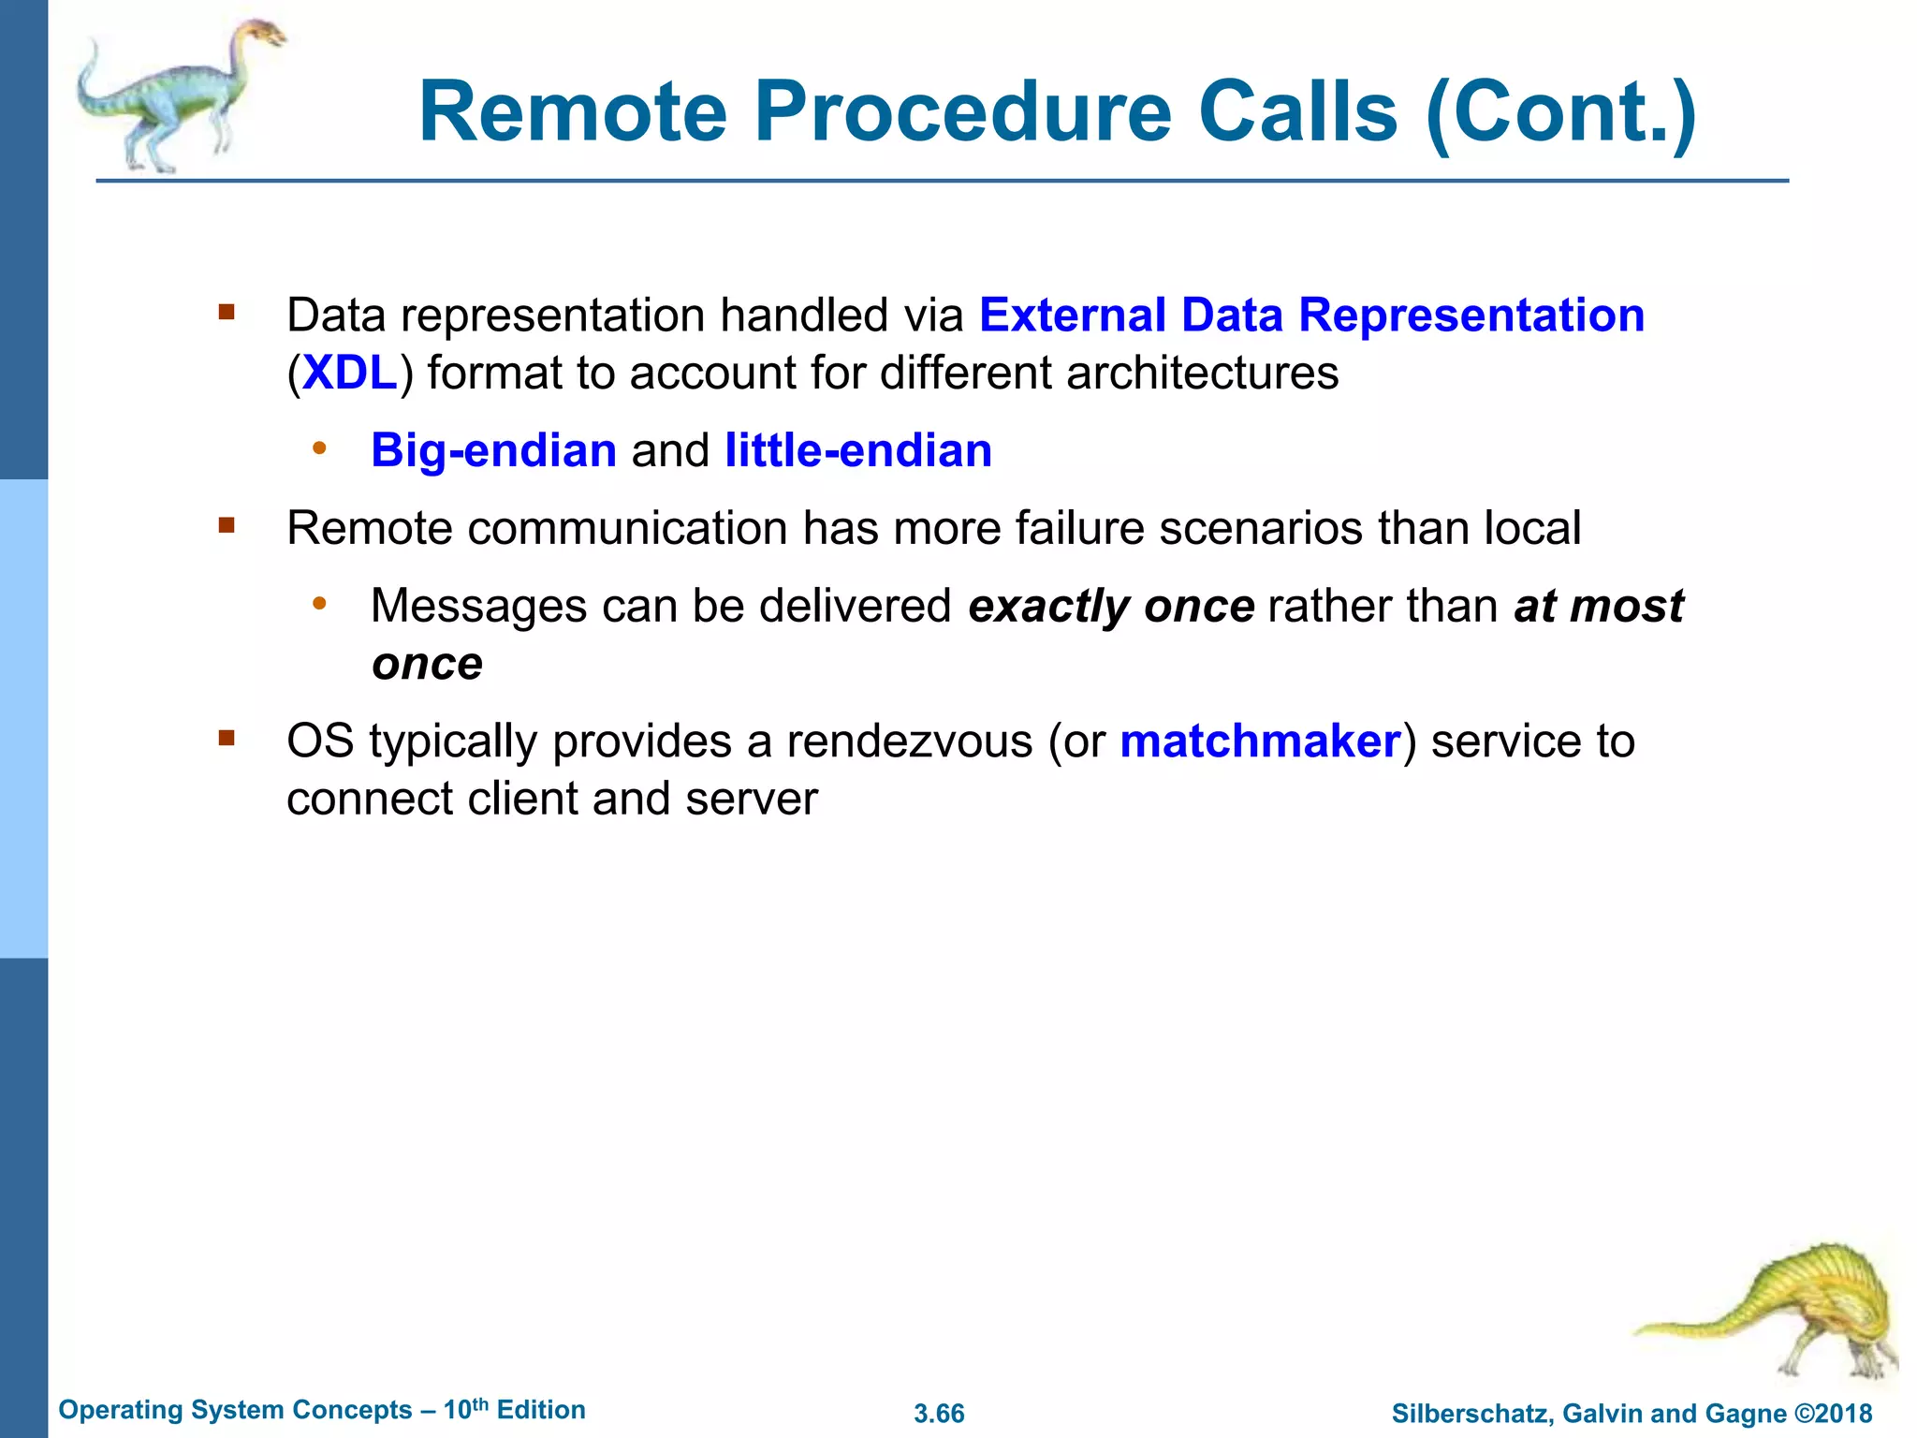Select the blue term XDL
coord(350,374)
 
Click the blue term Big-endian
coord(493,451)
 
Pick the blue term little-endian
coord(857,451)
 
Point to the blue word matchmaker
coord(1259,741)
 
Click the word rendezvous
coord(909,741)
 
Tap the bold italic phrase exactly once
coord(1110,607)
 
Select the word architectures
coord(1202,374)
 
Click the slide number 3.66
coord(939,1414)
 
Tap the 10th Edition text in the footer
coord(514,1410)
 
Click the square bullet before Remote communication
coord(227,525)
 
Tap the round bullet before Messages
coord(319,604)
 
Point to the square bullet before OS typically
coord(227,739)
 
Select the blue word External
coord(1072,315)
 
